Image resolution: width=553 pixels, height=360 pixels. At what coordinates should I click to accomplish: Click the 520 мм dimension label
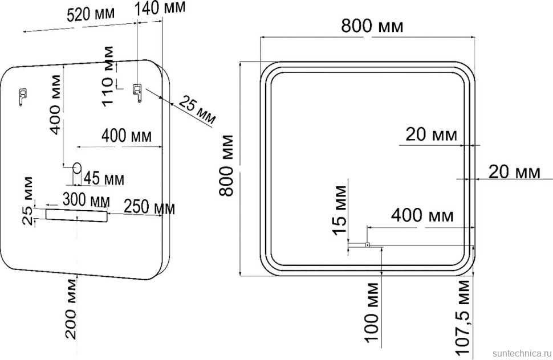click(x=91, y=14)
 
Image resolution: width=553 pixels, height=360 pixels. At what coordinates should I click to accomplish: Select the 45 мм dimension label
click(x=104, y=178)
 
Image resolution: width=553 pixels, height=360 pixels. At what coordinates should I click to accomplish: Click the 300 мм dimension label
click(x=86, y=200)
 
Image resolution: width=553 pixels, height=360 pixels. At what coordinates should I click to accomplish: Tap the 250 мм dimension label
click(x=149, y=208)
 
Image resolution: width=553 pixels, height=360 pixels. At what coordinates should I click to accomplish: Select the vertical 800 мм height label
click(x=226, y=165)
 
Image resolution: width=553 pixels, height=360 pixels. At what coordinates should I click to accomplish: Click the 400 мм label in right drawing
click(x=422, y=215)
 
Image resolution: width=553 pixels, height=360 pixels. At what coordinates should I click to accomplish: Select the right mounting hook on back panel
click(x=137, y=92)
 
